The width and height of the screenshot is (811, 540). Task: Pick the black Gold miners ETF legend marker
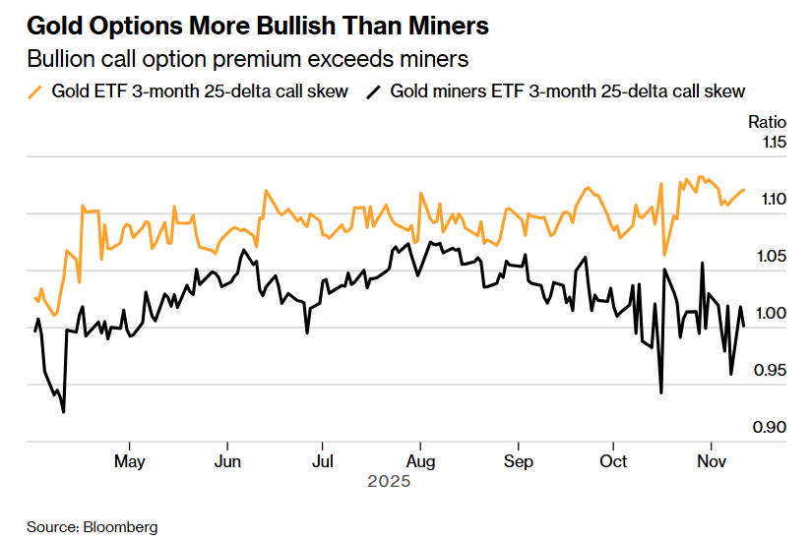(373, 91)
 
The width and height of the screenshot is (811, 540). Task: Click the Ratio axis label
(768, 122)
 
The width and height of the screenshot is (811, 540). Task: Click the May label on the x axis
(130, 460)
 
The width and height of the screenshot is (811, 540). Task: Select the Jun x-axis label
(227, 460)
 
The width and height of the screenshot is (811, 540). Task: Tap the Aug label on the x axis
(420, 460)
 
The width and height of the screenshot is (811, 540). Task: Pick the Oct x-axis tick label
(614, 460)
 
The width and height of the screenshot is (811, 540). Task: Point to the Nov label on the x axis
(711, 460)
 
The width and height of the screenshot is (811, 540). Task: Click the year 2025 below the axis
(388, 482)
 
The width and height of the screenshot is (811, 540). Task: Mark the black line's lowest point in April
(64, 412)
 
